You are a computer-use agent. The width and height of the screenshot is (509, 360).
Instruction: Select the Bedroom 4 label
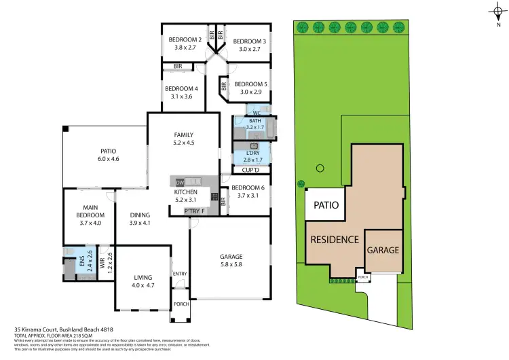(181, 88)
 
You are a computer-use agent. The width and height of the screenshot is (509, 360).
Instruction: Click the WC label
(257, 112)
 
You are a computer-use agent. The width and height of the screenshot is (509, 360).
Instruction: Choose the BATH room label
(254, 120)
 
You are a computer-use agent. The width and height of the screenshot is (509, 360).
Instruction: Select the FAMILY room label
(184, 134)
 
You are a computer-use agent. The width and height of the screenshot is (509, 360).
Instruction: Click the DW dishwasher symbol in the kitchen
(180, 183)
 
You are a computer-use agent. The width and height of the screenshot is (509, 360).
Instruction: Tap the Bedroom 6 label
(246, 187)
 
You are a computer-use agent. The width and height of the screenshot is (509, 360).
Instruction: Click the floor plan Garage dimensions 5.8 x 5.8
(231, 265)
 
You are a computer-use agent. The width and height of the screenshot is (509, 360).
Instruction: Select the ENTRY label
(180, 274)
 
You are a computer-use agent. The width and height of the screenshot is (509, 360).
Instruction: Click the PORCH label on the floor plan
(181, 304)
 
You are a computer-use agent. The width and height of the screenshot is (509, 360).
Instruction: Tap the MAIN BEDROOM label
(90, 212)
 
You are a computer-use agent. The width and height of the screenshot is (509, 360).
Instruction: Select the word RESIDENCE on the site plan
(335, 240)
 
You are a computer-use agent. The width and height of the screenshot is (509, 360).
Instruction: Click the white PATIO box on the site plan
(325, 204)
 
